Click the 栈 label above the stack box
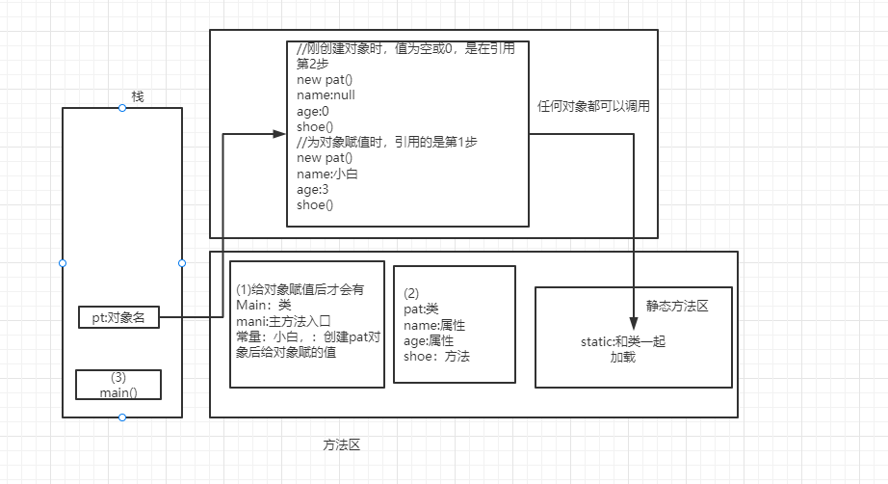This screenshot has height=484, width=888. tap(138, 96)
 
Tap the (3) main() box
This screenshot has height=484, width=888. tap(118, 385)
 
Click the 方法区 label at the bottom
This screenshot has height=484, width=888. tap(341, 445)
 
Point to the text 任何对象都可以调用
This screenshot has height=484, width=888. tap(592, 106)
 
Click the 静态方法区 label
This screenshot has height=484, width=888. tap(677, 307)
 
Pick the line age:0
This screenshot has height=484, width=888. tap(313, 111)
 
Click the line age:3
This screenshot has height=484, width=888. tap(313, 190)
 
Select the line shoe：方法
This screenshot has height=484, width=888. tap(436, 356)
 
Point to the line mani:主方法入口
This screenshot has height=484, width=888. tap(283, 321)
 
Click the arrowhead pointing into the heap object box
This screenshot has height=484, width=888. tap(280, 134)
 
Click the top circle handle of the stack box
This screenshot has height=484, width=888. tap(122, 108)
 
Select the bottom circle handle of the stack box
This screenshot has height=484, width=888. tap(122, 417)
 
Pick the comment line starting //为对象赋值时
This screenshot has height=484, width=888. tap(387, 142)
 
